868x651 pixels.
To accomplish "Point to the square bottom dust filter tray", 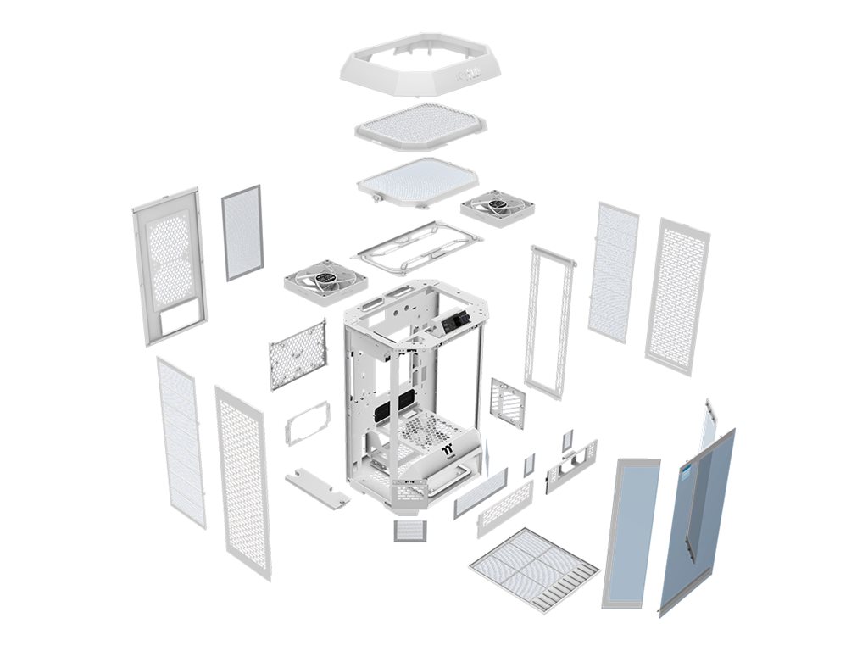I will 534,566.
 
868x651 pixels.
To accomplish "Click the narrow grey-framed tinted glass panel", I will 630,531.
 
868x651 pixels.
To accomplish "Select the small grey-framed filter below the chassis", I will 410,531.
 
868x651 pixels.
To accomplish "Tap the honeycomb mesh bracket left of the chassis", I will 298,354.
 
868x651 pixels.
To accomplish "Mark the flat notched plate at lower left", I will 318,490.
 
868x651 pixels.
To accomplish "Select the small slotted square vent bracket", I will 507,403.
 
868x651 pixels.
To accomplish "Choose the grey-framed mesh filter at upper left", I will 242,233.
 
